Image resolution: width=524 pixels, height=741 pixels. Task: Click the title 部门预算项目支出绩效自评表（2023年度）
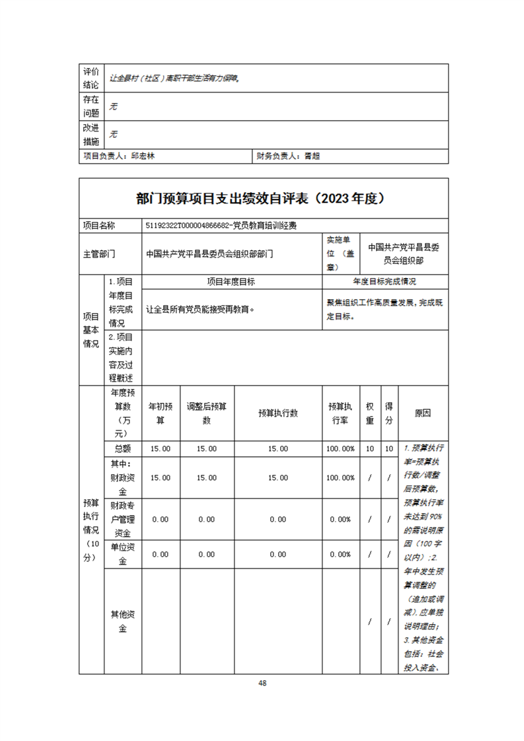(263, 198)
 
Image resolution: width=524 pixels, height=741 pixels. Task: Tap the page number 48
(262, 683)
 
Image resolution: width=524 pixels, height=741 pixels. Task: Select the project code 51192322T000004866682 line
(221, 226)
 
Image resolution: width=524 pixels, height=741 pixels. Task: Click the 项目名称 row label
(99, 226)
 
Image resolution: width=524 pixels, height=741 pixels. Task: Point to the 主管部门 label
(99, 253)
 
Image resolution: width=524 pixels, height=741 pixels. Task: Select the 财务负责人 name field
(312, 157)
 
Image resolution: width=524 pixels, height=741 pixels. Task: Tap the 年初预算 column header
(161, 413)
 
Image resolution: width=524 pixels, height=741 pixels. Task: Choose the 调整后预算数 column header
(206, 413)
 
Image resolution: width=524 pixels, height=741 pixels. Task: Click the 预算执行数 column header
(278, 413)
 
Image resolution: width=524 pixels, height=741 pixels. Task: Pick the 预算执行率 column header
(340, 413)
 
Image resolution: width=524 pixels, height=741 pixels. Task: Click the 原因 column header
(423, 413)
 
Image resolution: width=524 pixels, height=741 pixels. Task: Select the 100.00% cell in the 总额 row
(340, 448)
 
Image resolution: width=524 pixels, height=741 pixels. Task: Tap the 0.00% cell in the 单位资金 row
(340, 554)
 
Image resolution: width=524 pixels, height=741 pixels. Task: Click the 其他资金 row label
(123, 621)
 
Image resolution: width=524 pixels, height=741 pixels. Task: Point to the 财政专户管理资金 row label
(123, 519)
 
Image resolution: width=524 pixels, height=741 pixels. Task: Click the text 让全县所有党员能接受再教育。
(200, 308)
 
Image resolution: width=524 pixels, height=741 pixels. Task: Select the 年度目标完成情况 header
(385, 281)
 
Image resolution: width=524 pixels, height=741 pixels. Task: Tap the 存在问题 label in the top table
(91, 106)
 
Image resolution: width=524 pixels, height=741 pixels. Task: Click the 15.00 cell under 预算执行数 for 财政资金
(278, 477)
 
